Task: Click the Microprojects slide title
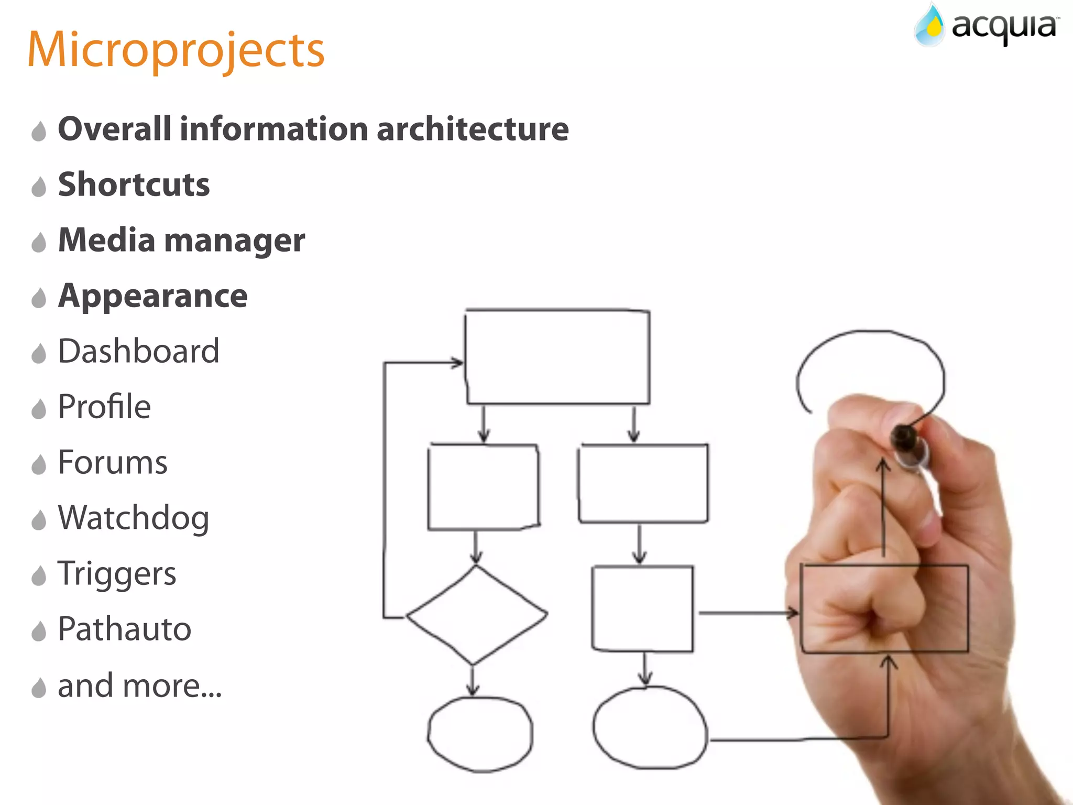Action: [176, 50]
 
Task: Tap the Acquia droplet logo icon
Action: [929, 26]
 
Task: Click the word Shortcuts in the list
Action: [134, 184]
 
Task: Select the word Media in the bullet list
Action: [106, 240]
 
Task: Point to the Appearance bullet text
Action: [152, 296]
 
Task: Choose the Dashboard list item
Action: [138, 351]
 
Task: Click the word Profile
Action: [104, 407]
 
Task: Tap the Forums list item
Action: [113, 462]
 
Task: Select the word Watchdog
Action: [134, 518]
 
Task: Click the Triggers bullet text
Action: [117, 573]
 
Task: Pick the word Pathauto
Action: [125, 629]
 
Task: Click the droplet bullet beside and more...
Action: [39, 688]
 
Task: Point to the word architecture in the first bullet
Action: [473, 129]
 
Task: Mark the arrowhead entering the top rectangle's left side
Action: [458, 362]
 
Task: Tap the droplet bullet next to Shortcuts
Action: [39, 187]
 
